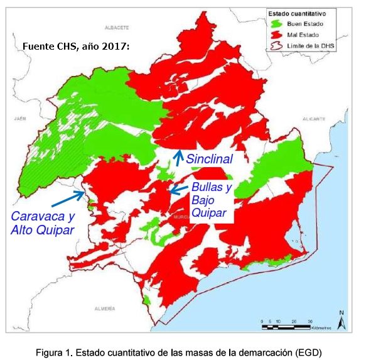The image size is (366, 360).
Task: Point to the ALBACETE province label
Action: pos(117,28)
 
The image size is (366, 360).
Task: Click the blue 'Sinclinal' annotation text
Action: pos(209,160)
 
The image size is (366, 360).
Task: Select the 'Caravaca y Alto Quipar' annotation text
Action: pos(42,223)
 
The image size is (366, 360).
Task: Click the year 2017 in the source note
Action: pos(114,46)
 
